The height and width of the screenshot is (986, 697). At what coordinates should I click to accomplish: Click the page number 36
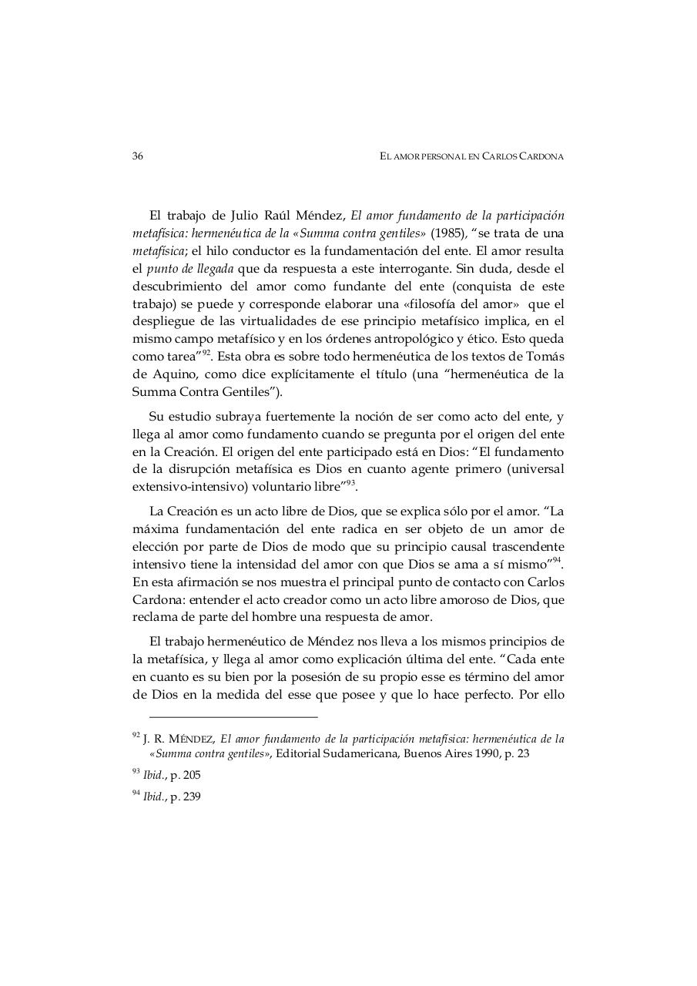click(138, 156)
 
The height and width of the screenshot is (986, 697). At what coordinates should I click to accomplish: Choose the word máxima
click(152, 529)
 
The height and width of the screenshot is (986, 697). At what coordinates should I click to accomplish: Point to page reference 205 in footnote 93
click(191, 776)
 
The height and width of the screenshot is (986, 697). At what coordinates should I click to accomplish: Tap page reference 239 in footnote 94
click(191, 797)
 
